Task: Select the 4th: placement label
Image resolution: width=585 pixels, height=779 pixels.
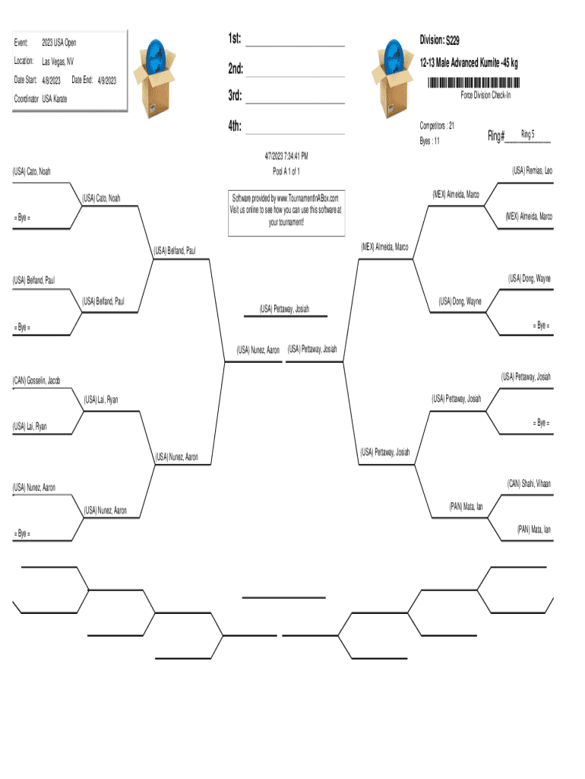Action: click(234, 126)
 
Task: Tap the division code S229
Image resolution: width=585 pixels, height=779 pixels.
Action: click(452, 39)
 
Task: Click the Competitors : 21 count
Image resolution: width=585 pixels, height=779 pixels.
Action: click(437, 125)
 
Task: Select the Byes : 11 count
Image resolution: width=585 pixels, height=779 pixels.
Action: click(429, 141)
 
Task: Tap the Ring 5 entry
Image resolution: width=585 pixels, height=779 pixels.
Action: click(528, 134)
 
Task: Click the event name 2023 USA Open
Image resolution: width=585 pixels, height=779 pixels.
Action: click(59, 43)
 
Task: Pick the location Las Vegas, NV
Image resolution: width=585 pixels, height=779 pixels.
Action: click(57, 61)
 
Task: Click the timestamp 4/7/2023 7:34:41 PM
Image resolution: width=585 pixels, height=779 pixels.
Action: click(286, 157)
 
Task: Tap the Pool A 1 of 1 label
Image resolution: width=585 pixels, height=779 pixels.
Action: click(286, 170)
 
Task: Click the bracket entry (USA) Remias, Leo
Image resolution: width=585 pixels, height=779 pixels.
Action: click(532, 170)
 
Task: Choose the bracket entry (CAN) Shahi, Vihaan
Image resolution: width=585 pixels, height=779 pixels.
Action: click(529, 483)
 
